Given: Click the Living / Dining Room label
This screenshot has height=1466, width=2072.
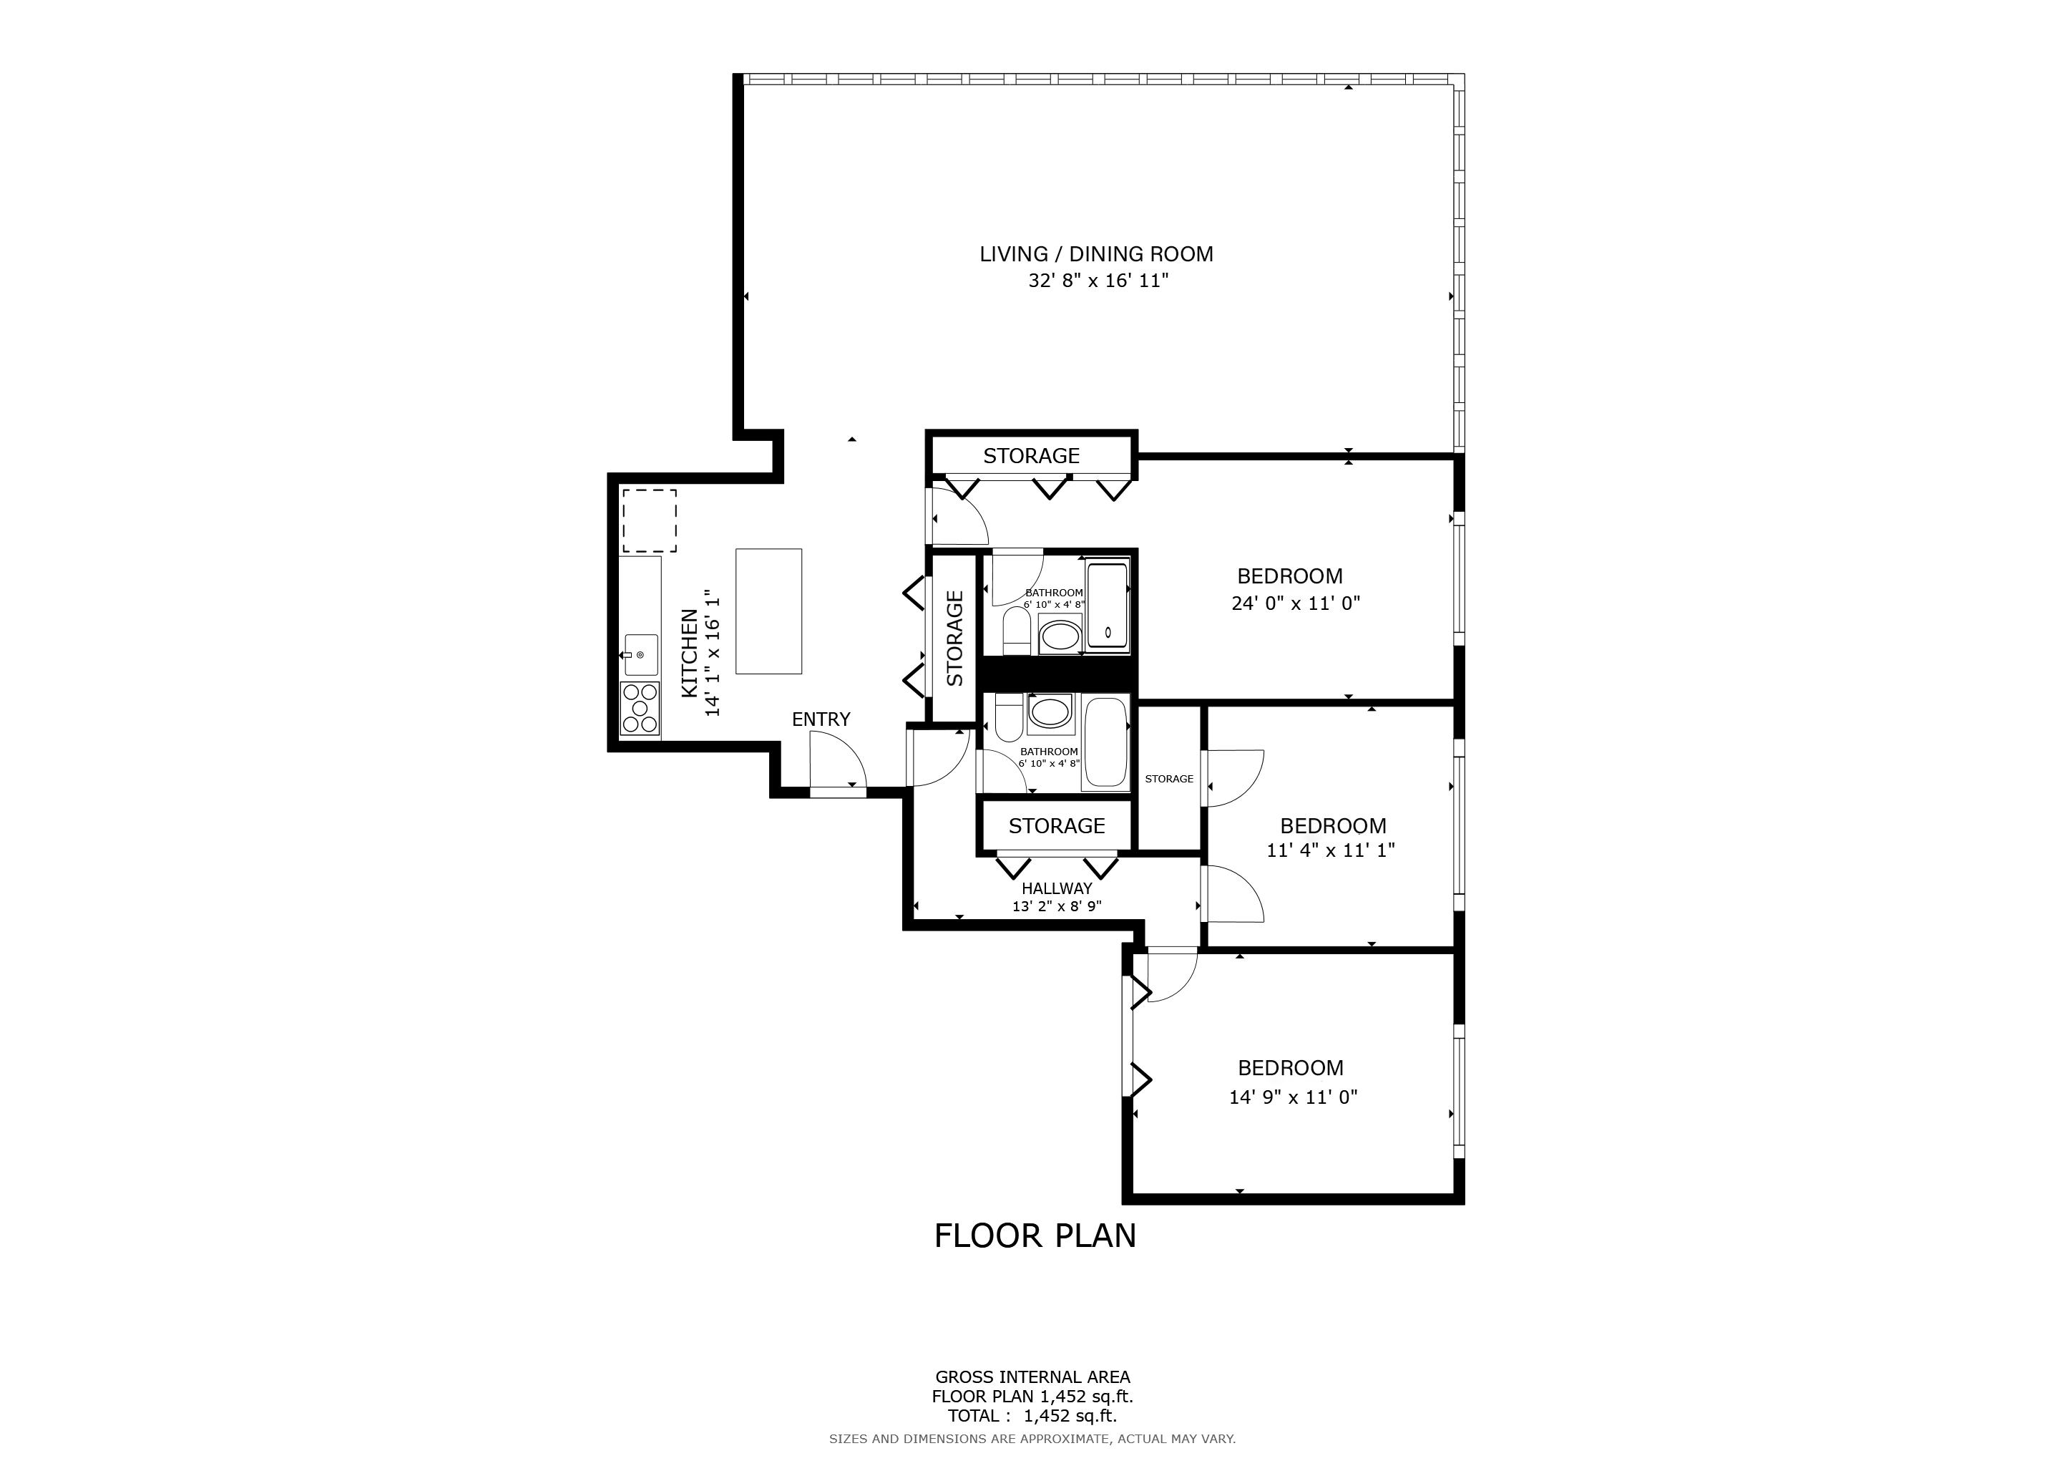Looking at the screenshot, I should click(1097, 255).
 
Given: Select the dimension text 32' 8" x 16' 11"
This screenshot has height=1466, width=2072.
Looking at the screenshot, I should click(1098, 281).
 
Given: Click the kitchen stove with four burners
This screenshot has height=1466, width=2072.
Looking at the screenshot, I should click(640, 709).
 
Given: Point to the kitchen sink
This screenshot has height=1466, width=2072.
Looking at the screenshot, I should click(642, 654).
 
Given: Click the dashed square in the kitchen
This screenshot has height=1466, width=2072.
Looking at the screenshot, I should click(649, 521).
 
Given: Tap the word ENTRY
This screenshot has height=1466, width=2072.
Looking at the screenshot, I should click(821, 719).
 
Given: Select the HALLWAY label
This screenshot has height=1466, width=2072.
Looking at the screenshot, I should click(1057, 888).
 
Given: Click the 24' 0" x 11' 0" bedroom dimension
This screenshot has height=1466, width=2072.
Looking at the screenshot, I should click(1295, 603).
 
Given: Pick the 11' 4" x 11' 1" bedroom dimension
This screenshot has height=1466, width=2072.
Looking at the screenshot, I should click(1330, 850).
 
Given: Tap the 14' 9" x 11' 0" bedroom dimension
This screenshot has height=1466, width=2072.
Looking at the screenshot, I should click(1292, 1097).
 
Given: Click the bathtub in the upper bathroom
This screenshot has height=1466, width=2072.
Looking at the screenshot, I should click(1108, 606).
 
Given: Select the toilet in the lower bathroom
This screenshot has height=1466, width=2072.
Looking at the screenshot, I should click(1008, 719).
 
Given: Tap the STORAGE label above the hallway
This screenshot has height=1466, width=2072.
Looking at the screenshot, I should click(1057, 826).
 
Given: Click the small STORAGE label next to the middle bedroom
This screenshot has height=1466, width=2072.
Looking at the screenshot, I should click(1168, 779).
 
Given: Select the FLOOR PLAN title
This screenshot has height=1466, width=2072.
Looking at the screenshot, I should click(1035, 1236).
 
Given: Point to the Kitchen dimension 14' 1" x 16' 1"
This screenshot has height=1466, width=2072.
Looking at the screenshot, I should click(713, 654).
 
